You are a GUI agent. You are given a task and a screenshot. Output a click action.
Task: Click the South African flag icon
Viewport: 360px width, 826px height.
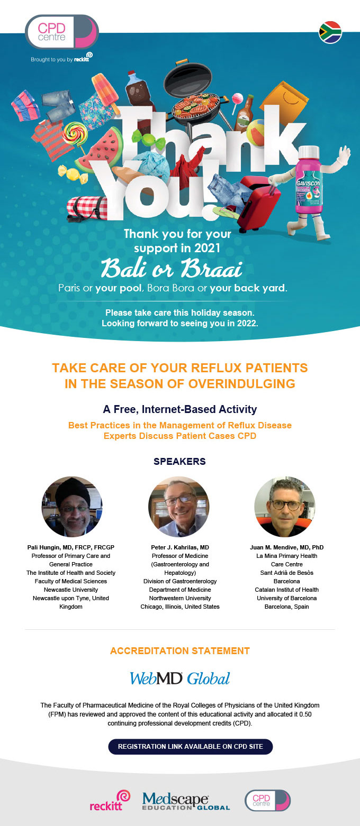[x=330, y=32]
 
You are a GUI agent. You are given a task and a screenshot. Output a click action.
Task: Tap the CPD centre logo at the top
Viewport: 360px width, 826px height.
[x=61, y=32]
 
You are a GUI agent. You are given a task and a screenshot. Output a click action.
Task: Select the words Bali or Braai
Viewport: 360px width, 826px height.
[x=172, y=268]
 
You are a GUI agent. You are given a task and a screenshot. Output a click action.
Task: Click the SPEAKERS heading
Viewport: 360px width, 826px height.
[x=179, y=461]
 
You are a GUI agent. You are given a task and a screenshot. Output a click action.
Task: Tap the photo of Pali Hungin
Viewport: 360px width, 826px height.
[x=71, y=507]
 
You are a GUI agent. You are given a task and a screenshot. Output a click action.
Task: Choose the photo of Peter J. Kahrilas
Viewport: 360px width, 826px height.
[x=179, y=507]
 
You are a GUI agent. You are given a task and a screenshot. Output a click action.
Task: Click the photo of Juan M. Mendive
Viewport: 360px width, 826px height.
[x=285, y=507]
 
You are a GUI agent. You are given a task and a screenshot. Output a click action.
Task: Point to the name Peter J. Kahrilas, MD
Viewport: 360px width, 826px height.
[x=180, y=547]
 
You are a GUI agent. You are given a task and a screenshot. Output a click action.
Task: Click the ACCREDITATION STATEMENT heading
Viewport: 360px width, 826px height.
[x=180, y=651]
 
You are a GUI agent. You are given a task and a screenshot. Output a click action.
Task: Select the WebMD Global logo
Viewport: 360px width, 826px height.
[x=180, y=678]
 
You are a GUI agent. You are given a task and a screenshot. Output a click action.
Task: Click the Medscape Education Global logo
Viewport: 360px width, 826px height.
[x=186, y=801]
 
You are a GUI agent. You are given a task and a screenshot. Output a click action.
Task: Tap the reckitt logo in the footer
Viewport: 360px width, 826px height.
[x=110, y=801]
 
